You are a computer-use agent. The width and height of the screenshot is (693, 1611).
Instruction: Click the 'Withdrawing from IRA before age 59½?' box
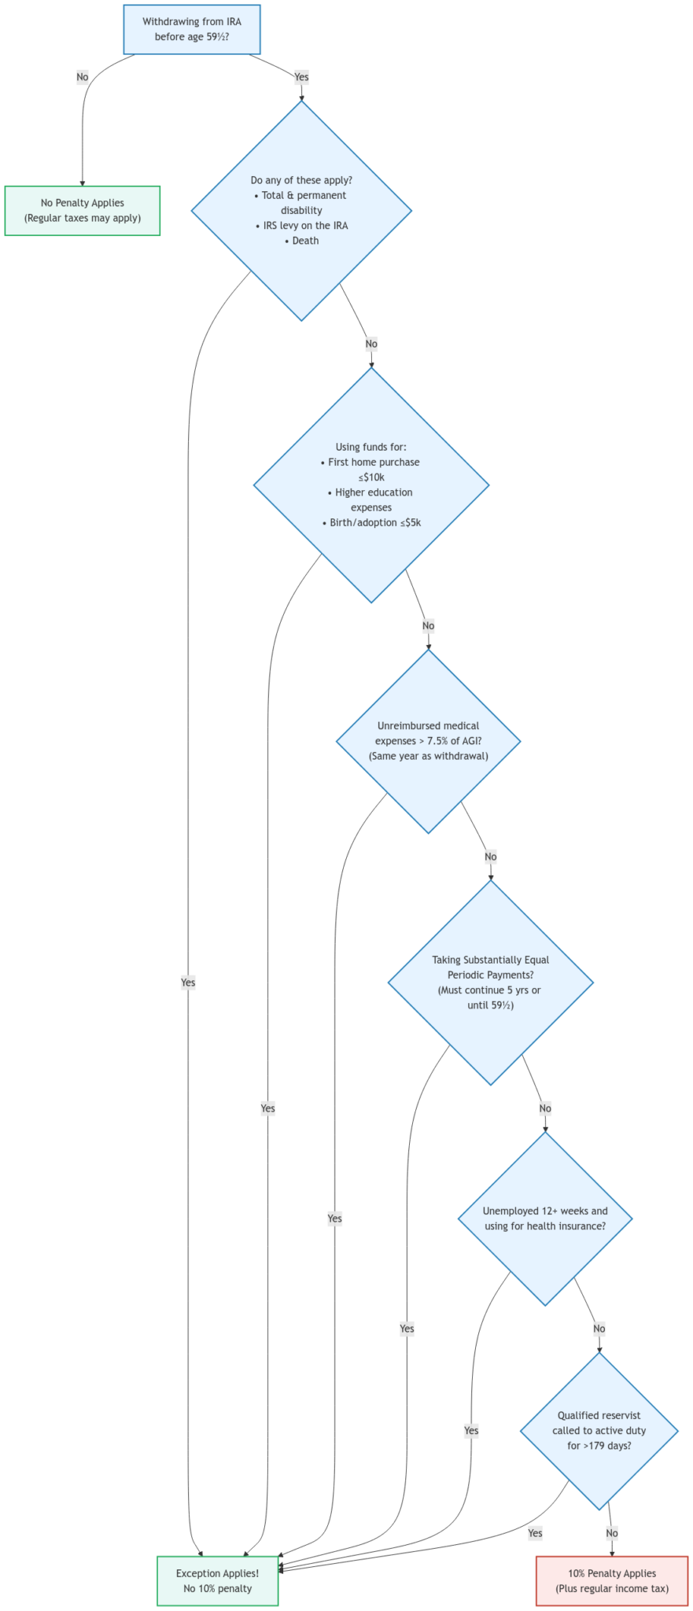click(x=192, y=29)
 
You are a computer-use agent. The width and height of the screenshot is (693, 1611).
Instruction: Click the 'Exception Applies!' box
click(x=217, y=1580)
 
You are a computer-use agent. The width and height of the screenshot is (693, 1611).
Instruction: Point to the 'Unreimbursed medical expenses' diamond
click(x=428, y=740)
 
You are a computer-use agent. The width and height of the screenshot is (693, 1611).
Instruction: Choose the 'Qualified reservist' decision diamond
click(x=599, y=1430)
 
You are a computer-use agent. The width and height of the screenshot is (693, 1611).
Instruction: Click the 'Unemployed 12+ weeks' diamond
click(x=545, y=1218)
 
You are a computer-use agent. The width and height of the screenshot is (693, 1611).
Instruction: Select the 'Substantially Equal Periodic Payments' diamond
click(x=490, y=982)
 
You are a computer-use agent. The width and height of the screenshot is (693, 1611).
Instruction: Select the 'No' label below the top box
click(x=83, y=77)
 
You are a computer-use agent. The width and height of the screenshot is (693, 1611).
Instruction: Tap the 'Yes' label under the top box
click(x=300, y=77)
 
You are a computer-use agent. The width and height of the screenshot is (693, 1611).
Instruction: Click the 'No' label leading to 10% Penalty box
click(x=612, y=1533)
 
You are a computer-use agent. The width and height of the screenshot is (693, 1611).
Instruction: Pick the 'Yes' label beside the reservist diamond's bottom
click(x=535, y=1533)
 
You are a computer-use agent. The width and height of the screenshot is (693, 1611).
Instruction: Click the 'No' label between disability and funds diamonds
click(x=371, y=344)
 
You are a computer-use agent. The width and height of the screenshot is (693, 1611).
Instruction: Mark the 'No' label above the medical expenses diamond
click(x=428, y=626)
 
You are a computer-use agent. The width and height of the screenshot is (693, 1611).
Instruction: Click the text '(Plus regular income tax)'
click(x=612, y=1588)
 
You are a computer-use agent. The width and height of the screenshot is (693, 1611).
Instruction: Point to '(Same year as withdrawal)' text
click(x=428, y=756)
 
